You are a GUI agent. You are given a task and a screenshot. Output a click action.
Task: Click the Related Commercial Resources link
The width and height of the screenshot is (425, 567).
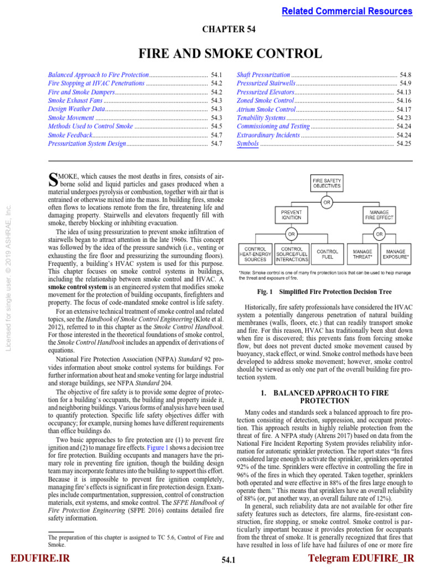click(347, 11)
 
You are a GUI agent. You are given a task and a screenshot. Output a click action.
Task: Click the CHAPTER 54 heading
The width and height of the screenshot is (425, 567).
click(229, 30)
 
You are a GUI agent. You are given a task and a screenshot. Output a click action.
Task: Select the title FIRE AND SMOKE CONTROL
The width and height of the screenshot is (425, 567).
click(229, 54)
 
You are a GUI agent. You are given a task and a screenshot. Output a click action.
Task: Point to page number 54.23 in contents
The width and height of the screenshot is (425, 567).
click(404, 118)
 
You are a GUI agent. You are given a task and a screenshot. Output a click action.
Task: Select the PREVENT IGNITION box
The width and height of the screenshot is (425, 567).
click(291, 215)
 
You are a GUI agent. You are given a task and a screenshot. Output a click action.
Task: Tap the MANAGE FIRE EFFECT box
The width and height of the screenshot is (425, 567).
click(378, 215)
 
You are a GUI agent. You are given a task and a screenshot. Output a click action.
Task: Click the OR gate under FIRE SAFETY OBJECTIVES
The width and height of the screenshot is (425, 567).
click(327, 202)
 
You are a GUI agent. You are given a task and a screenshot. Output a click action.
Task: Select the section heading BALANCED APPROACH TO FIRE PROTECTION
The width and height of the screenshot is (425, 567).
click(327, 396)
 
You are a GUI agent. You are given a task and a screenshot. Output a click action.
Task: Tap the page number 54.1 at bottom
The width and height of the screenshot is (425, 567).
click(229, 560)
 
